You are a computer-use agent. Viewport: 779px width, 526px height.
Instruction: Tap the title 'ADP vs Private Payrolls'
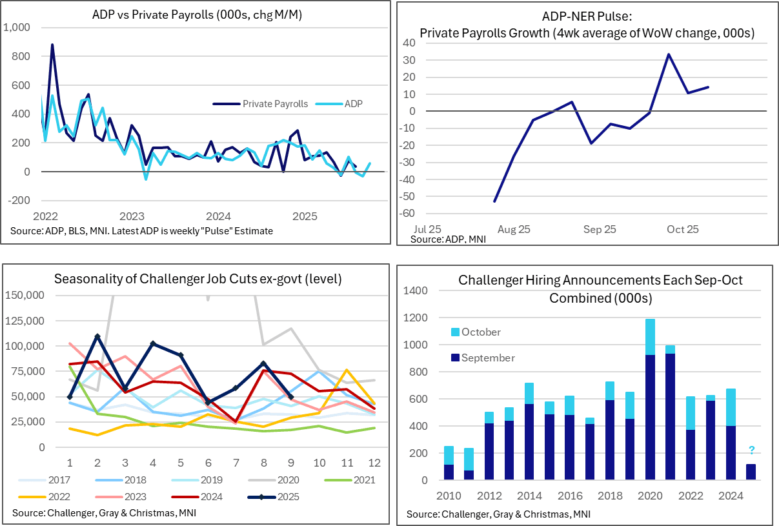(197, 15)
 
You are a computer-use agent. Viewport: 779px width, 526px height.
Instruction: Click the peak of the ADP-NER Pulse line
(668, 54)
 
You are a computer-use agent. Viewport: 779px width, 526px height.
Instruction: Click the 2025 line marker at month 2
(97, 336)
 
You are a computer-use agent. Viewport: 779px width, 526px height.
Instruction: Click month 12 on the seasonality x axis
(373, 463)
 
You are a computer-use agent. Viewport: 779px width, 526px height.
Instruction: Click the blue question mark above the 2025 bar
(751, 450)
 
